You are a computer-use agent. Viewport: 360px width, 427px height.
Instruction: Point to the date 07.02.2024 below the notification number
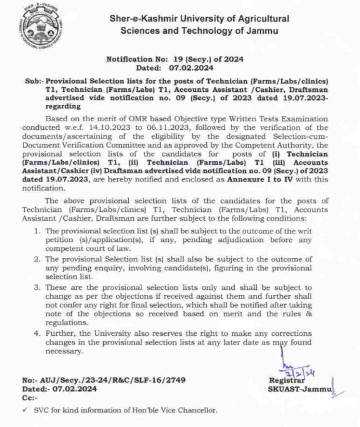point(191,68)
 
